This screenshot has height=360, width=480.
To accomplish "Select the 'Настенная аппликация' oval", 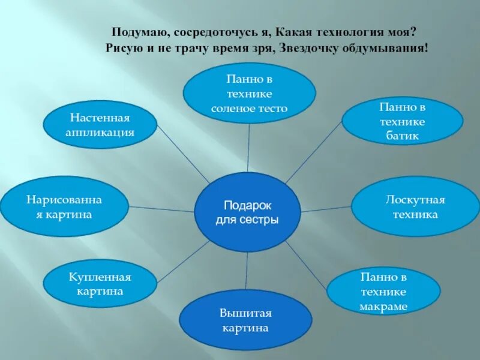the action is click(100, 124).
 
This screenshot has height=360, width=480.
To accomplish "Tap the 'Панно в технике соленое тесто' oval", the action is click(249, 94).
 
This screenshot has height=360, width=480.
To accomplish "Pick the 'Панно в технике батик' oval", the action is click(402, 121).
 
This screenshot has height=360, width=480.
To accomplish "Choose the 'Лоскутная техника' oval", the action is click(415, 206).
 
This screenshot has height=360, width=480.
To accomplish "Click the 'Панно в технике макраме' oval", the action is click(383, 291).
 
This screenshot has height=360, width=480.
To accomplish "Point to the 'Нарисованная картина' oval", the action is click(64, 206).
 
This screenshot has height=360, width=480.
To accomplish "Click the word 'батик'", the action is click(402, 136).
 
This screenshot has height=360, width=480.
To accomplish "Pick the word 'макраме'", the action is click(383, 307).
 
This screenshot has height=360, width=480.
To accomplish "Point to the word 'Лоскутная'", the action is click(415, 200).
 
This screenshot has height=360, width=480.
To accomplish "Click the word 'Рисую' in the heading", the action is click(122, 49).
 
